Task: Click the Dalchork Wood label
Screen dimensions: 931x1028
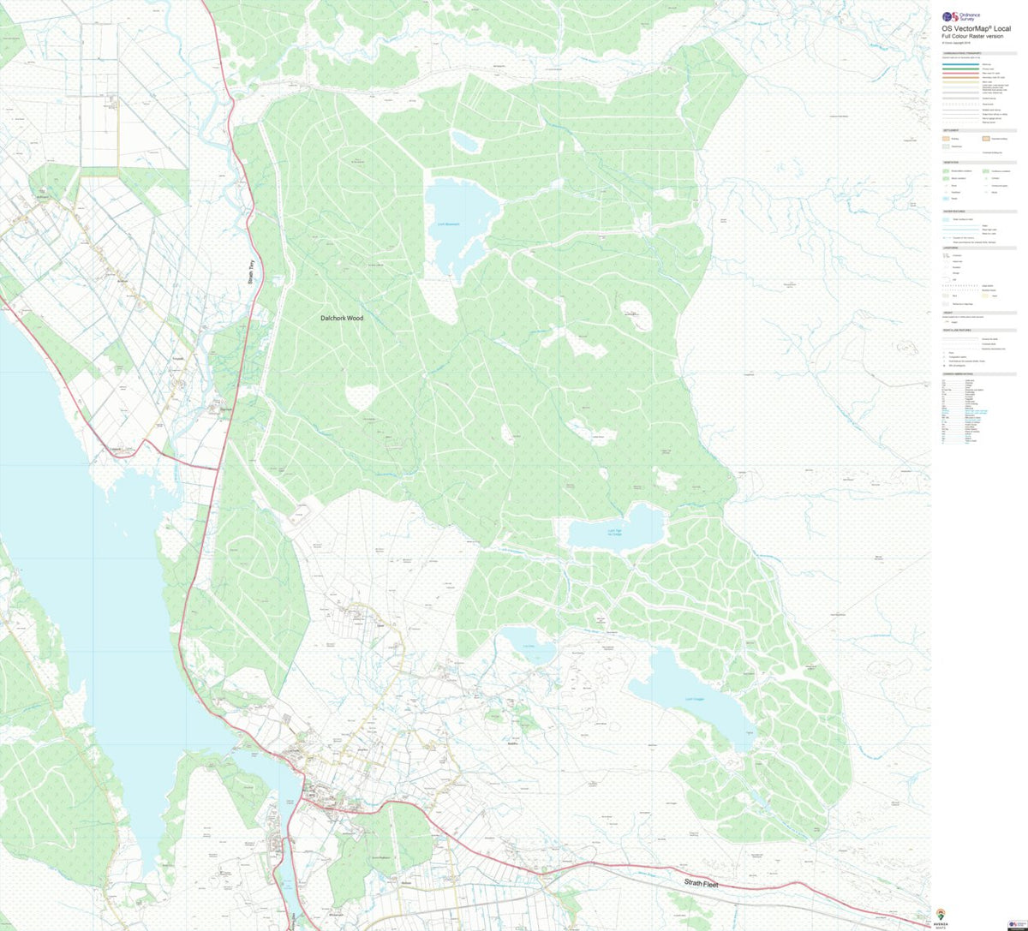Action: coord(342,318)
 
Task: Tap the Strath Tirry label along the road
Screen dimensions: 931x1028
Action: coord(253,278)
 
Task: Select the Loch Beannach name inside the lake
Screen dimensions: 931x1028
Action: coord(448,224)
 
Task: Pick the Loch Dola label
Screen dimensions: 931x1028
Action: coord(529,646)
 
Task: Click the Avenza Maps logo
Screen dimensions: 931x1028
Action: coord(939,915)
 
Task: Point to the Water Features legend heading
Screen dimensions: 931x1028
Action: coord(953,211)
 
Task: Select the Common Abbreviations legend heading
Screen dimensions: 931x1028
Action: coord(957,374)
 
